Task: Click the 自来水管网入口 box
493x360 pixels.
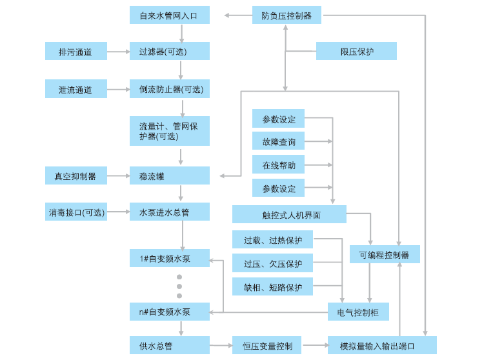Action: click(169, 15)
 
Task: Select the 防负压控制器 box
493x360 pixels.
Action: click(286, 15)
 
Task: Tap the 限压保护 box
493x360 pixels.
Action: click(356, 51)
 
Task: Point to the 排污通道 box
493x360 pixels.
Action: click(75, 51)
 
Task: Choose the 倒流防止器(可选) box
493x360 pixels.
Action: click(169, 89)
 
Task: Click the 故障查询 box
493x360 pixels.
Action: click(278, 141)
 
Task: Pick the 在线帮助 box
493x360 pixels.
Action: click(278, 165)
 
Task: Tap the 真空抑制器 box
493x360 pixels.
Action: click(75, 175)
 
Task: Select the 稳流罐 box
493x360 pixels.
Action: click(169, 175)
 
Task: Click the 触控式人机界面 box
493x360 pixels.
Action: click(289, 214)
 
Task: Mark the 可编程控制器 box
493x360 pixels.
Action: click(385, 254)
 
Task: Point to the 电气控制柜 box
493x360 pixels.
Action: click(358, 312)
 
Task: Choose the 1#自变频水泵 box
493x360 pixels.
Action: click(169, 258)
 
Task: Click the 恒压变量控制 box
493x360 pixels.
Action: click(267, 345)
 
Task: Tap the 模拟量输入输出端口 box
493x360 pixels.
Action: click(381, 345)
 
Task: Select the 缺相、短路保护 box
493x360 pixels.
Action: click(272, 286)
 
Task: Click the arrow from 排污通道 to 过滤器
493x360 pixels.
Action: click(118, 51)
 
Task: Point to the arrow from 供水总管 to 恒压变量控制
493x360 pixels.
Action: click(221, 345)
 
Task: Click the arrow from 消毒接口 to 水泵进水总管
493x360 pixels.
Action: click(118, 212)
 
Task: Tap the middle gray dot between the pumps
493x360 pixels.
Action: click(179, 286)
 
